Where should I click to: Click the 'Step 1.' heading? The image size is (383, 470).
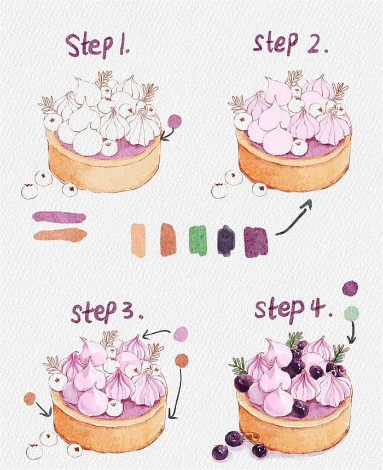(98, 45)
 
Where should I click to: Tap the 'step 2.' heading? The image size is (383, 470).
(290, 44)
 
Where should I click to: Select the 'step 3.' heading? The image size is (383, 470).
(107, 312)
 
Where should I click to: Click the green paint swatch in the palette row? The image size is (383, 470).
(198, 240)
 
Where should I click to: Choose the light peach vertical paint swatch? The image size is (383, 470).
(138, 240)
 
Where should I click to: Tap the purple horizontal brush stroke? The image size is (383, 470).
(59, 217)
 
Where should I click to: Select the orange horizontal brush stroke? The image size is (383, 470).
(60, 234)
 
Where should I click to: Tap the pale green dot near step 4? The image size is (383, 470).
(351, 314)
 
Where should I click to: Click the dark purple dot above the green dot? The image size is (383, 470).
(350, 288)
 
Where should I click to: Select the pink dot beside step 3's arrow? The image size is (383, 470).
(181, 333)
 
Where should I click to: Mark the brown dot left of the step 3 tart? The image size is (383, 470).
(30, 399)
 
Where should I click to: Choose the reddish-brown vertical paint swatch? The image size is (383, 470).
(168, 240)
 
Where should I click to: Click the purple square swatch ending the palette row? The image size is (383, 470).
(256, 242)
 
